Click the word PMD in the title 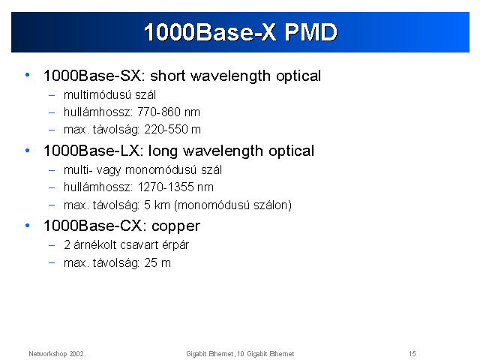pyautogui.click(x=310, y=31)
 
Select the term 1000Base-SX pyautogui.click(x=93, y=76)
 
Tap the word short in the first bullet pyautogui.click(x=168, y=76)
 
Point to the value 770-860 pyautogui.click(x=158, y=112)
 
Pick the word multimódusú pyautogui.click(x=97, y=95)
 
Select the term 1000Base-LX pyautogui.click(x=91, y=151)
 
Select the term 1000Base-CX pyautogui.click(x=93, y=226)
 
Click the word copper pyautogui.click(x=175, y=226)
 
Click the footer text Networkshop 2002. pyautogui.click(x=57, y=354)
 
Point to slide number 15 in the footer pyautogui.click(x=412, y=354)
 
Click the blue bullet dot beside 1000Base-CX pyautogui.click(x=28, y=226)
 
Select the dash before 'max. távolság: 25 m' pyautogui.click(x=52, y=262)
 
